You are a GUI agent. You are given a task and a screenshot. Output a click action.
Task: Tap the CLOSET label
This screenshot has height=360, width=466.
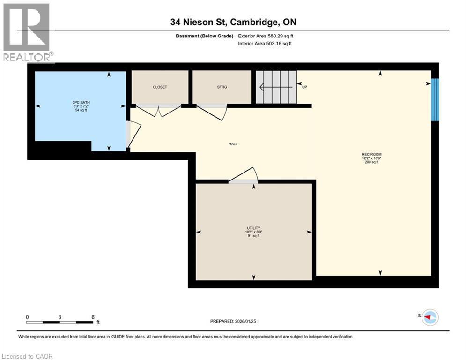tap(160, 87)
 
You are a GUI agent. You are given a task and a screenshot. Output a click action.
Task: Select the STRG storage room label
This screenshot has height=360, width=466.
tap(222, 87)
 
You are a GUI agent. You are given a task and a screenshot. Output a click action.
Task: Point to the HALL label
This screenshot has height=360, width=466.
tap(233, 144)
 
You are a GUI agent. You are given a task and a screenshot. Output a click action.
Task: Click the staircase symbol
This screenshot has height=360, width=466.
tap(276, 87)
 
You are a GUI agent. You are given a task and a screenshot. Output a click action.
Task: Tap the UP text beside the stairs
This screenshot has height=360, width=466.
tap(304, 87)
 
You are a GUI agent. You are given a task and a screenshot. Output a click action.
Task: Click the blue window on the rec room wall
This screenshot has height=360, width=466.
tap(435, 99)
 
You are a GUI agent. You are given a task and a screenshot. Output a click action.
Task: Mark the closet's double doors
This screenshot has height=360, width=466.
tap(158, 110)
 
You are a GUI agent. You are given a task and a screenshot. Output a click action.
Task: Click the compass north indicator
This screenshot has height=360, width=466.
tap(429, 317)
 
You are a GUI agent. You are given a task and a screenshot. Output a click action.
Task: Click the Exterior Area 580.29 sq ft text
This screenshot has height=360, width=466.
tap(266, 36)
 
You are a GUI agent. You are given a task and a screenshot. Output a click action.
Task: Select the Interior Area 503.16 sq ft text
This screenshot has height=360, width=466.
tap(265, 44)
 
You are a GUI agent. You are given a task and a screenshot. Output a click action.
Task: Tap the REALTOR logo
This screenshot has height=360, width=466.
tap(27, 32)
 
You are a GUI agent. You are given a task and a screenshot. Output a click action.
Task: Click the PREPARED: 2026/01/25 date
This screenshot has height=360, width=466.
tap(233, 321)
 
